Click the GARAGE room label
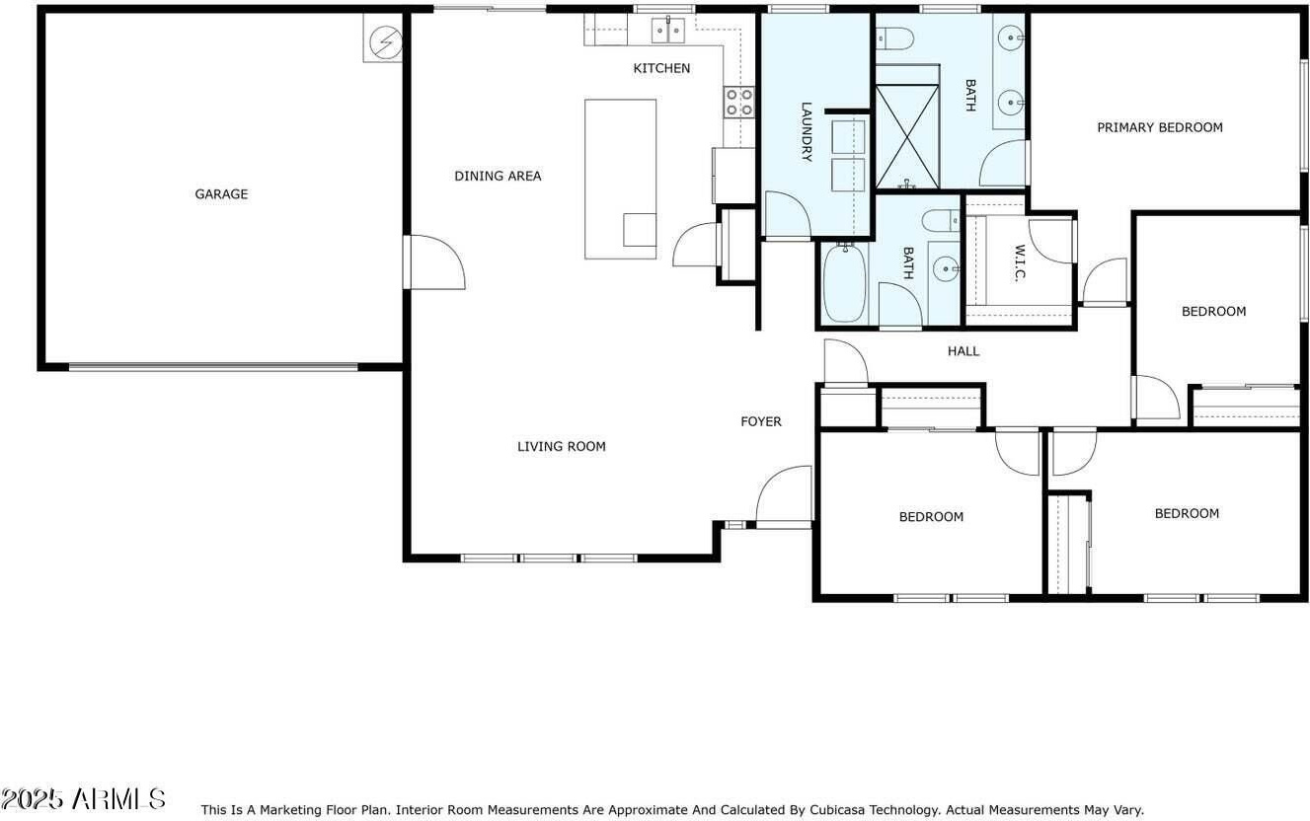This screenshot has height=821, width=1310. coord(221,194)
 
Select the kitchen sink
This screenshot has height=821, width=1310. coord(668,31)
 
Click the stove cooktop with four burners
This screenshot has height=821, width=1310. coord(739,103)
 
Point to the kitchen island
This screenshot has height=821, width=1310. coord(621,179)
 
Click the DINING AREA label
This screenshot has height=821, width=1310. coord(498,176)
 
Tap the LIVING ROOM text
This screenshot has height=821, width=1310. coord(562,447)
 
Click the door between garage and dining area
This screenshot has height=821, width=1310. coord(434,261)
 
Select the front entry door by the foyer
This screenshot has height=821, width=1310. coord(784,497)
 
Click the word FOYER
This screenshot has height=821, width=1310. coord(761,421)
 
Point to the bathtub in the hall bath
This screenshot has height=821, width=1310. coord(844,282)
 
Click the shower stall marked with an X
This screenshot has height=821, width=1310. coord(907,137)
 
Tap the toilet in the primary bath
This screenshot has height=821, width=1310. coord(894,38)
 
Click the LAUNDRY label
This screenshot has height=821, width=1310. coord(806,131)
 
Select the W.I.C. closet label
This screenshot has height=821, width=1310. coord(1020,263)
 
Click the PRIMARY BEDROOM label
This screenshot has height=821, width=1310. coord(1160,127)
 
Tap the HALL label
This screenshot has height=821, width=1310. coord(963,351)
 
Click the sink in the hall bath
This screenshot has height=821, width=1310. coord(946,269)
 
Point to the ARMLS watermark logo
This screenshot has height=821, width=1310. coord(83,798)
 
